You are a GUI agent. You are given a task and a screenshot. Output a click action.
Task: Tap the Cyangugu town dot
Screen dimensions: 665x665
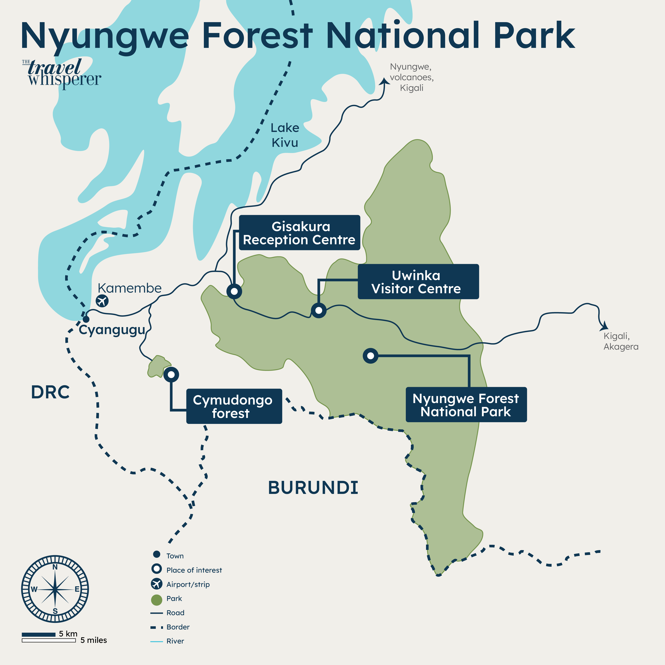(86, 319)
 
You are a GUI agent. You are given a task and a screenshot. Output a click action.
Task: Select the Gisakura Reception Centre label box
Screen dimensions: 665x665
(299, 233)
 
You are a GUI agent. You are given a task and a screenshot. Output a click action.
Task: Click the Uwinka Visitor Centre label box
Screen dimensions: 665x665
(418, 282)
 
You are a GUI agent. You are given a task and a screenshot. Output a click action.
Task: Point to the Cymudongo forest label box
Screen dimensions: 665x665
(234, 406)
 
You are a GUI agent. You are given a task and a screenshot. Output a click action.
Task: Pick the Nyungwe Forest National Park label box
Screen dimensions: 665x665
(466, 405)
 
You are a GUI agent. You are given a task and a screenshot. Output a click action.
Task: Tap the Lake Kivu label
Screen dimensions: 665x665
(285, 135)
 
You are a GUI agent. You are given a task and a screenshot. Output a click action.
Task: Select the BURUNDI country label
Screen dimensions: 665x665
(313, 488)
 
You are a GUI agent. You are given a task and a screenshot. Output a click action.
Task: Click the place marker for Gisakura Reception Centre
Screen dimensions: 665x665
(234, 291)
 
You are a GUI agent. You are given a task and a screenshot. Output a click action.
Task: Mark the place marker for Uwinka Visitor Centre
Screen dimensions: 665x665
(319, 310)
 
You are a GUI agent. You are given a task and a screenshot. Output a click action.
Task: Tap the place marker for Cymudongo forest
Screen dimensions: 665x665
(171, 375)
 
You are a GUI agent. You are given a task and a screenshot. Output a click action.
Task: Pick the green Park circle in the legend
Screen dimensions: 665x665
(157, 600)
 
